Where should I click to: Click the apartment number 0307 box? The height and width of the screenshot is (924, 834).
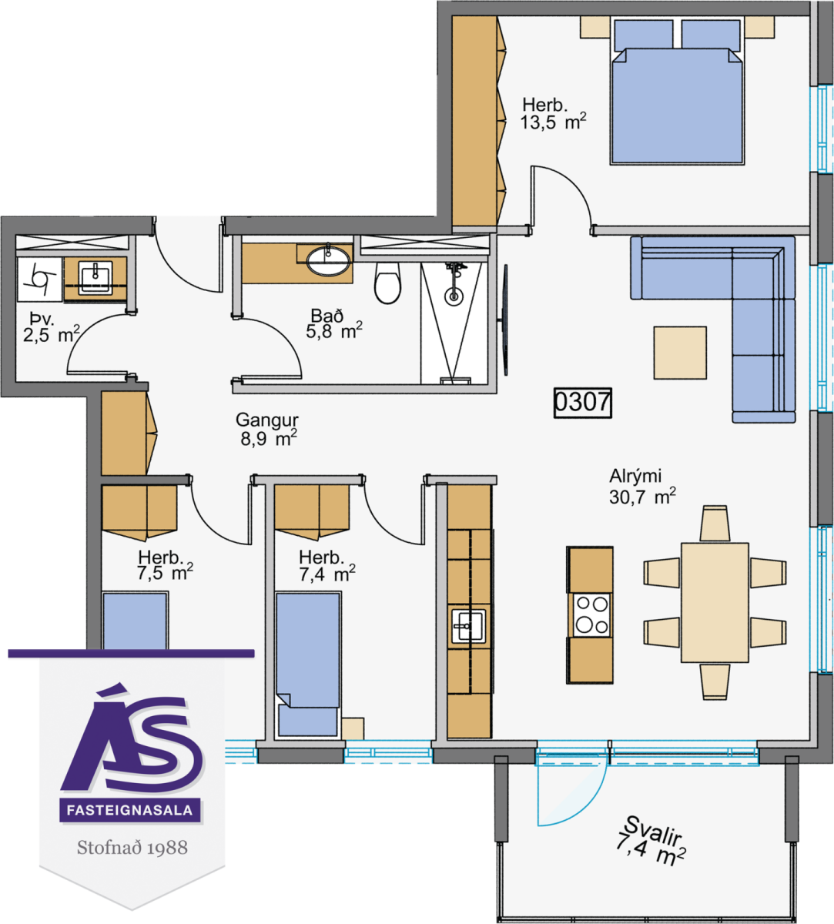click(x=582, y=403)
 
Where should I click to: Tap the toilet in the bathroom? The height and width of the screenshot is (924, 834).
click(x=387, y=283)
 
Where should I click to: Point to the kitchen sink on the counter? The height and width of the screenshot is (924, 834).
click(x=469, y=626)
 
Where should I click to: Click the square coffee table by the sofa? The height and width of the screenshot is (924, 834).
click(x=680, y=353)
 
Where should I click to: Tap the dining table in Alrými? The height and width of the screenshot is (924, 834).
click(x=715, y=602)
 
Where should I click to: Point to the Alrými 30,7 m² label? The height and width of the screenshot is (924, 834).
click(x=642, y=487)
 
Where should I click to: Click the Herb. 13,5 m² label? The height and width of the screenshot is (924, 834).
click(x=553, y=114)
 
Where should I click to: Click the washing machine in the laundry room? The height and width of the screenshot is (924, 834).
click(x=40, y=280)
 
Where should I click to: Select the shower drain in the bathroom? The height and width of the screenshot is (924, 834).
click(x=454, y=296)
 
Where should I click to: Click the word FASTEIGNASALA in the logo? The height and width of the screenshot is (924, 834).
click(x=130, y=810)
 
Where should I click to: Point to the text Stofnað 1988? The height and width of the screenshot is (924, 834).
click(x=132, y=848)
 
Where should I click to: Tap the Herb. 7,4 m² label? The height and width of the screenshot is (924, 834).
click(x=327, y=566)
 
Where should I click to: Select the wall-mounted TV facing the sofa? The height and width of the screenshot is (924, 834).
click(x=505, y=320)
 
